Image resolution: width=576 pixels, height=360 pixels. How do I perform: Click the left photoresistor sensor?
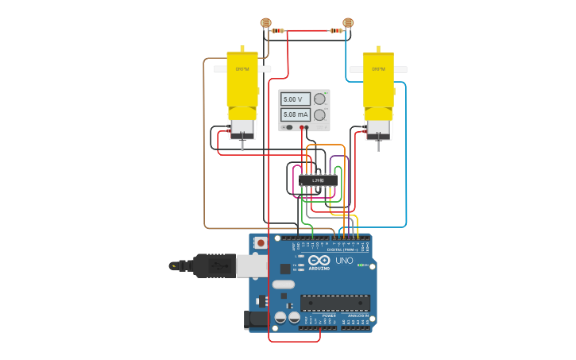click(266, 23)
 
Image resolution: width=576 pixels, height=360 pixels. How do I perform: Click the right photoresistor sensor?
click(347, 23)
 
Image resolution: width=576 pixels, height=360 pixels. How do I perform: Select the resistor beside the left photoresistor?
click(277, 31)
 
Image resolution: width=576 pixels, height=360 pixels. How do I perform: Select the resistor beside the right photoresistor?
click(336, 31)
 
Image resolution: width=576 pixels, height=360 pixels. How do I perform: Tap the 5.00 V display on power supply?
click(295, 99)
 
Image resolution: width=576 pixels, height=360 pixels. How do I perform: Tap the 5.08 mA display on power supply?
click(295, 114)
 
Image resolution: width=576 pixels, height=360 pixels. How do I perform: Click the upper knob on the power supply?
click(319, 99)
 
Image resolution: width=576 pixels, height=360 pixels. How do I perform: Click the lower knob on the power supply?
click(319, 114)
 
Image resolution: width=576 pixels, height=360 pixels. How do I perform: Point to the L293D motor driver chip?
click(318, 180)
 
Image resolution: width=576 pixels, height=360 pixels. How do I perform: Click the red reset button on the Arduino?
click(260, 242)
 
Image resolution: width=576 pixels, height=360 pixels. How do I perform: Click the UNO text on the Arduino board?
click(344, 261)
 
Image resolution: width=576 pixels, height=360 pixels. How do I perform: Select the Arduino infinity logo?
click(319, 261)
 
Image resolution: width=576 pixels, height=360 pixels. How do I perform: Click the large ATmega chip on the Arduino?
click(334, 303)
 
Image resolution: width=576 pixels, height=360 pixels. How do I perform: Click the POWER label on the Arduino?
click(329, 315)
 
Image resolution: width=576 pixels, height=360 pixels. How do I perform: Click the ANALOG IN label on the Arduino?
click(356, 315)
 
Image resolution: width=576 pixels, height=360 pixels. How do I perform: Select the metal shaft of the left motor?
click(242, 145)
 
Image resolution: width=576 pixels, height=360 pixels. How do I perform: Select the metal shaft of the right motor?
click(378, 145)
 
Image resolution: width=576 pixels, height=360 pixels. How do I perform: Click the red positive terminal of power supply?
click(302, 127)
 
